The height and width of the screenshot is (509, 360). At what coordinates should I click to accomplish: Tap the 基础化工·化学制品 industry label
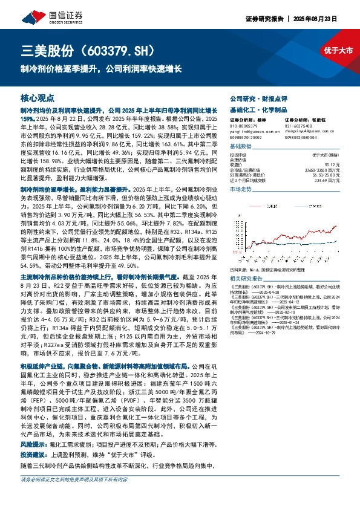click(254, 108)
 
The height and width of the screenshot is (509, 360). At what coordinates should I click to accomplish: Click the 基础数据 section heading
click(241, 147)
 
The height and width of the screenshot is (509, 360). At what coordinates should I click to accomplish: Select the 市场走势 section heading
click(241, 190)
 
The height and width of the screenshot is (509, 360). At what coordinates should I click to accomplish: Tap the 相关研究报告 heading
click(247, 261)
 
